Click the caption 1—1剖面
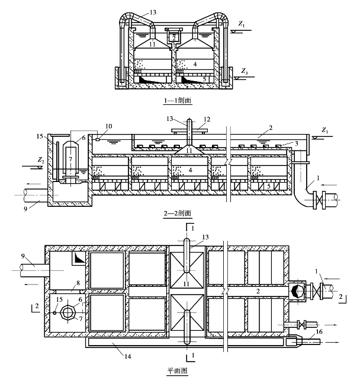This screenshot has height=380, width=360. (178, 100)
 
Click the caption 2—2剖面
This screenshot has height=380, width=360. (178, 213)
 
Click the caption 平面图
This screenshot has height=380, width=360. (178, 371)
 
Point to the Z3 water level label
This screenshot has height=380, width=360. (245, 72)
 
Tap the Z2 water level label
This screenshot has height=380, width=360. (41, 160)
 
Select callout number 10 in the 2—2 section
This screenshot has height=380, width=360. (109, 126)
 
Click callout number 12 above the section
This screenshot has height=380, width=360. (207, 120)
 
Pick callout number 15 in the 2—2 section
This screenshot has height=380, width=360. (40, 136)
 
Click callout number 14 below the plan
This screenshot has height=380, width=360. (128, 356)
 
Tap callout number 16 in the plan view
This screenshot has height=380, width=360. (319, 331)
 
